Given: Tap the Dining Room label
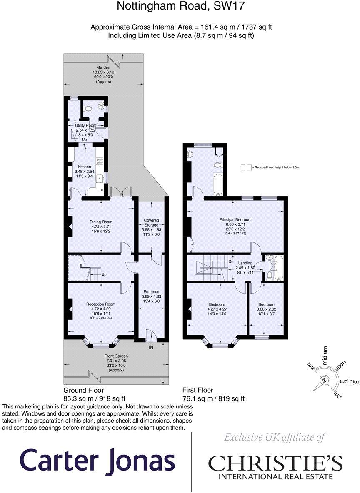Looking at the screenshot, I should [101, 222].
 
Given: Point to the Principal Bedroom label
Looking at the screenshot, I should [235, 219].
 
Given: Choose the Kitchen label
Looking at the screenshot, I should [87, 167].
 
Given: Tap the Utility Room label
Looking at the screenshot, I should [85, 125].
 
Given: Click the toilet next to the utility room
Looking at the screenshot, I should [87, 108].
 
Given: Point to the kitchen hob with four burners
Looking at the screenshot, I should [100, 160].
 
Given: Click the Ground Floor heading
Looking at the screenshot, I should [83, 391].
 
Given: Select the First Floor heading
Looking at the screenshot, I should [197, 391].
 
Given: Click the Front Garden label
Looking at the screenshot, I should [116, 356].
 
